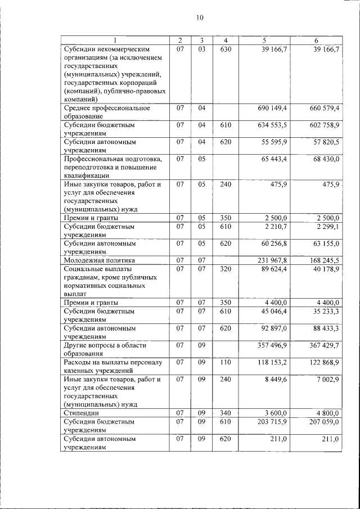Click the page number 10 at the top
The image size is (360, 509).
pyautogui.click(x=200, y=17)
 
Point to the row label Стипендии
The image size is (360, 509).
pyautogui.click(x=79, y=413)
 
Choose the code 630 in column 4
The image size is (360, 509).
pyautogui.click(x=226, y=50)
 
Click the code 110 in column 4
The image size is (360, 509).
pyautogui.click(x=226, y=362)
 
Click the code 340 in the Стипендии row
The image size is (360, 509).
pyautogui.click(x=226, y=413)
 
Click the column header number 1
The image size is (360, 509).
pyautogui.click(x=115, y=40)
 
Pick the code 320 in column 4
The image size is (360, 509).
pyautogui.click(x=226, y=269)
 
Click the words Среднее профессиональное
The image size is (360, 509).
pyautogui.click(x=107, y=108)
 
